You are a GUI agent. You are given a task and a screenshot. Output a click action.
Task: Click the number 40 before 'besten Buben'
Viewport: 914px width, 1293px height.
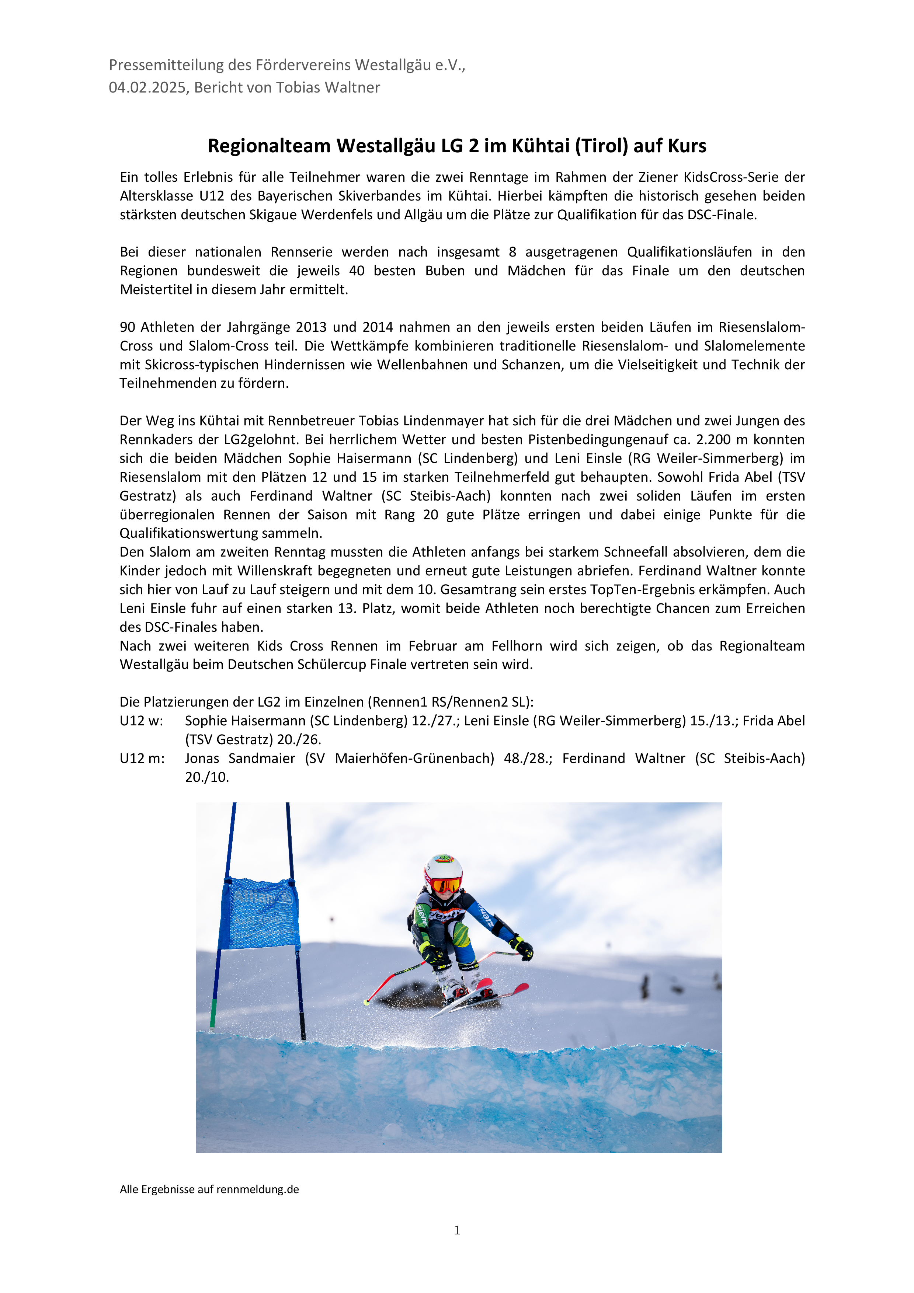point(357,271)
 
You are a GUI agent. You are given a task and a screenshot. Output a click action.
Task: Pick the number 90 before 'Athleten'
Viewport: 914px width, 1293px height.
point(128,327)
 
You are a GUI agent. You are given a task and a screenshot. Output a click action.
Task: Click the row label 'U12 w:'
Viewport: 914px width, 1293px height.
point(141,721)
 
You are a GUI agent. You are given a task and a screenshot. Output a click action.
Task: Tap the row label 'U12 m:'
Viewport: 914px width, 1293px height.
point(142,759)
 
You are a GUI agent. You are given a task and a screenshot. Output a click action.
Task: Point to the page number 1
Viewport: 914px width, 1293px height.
point(457,1230)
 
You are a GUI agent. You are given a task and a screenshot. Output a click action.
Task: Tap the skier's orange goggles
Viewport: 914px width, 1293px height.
point(445,885)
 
